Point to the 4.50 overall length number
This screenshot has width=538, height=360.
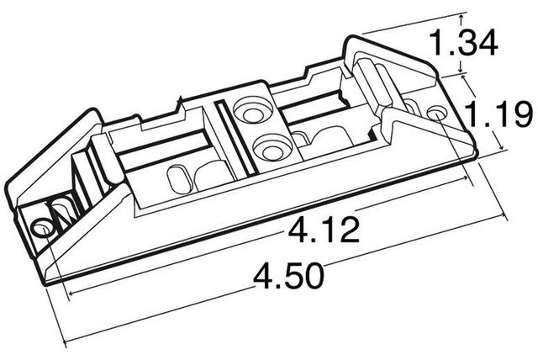292,276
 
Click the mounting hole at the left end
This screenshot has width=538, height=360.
40,228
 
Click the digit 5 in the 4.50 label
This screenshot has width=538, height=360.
293,276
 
